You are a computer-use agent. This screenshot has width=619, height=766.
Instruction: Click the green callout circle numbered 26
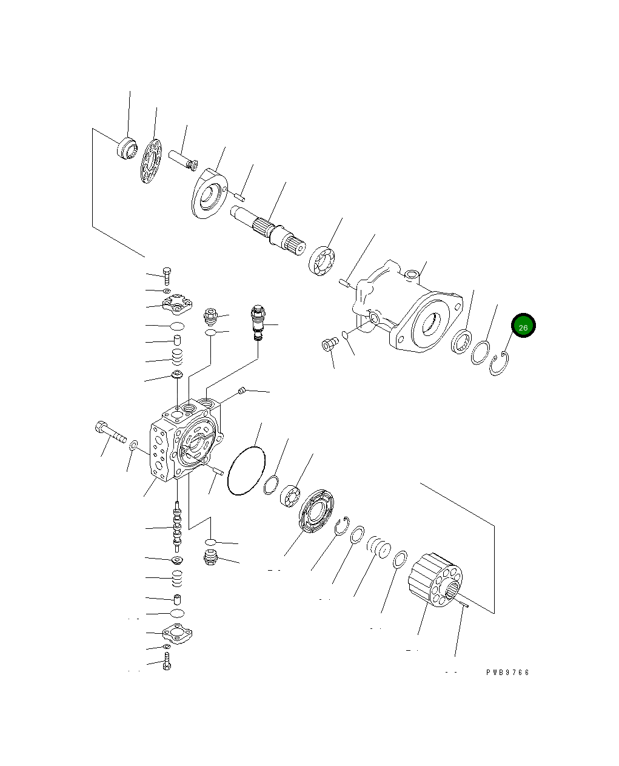523,326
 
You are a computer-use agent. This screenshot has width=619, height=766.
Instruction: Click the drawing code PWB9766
507,673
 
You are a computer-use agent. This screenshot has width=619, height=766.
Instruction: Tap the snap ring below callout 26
499,364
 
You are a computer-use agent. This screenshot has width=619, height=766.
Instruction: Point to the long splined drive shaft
270,230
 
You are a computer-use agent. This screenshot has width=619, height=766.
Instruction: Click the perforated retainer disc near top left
151,161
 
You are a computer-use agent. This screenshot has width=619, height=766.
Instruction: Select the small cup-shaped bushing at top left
127,149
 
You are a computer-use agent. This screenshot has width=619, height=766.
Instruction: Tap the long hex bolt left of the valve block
110,432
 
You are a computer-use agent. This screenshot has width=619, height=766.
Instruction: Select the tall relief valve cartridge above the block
258,321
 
